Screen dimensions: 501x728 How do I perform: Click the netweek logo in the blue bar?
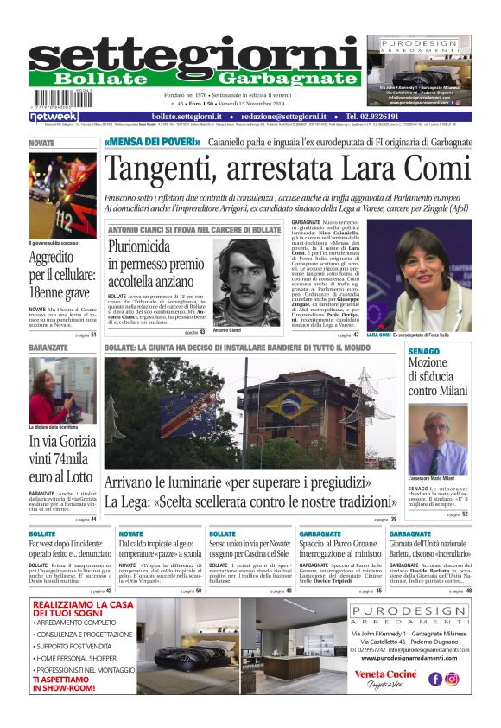click(x=53, y=117)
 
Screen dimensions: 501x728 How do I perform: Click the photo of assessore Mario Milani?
click(x=438, y=439)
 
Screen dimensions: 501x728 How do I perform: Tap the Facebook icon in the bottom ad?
click(x=435, y=679)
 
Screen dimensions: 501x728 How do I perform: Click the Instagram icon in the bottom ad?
click(x=452, y=679)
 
